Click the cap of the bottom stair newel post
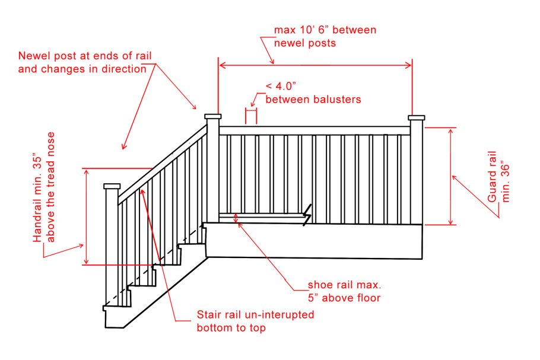coord(112,186)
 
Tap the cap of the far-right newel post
coord(417,117)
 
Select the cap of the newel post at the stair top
coord(213,116)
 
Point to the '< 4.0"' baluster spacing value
coord(281,86)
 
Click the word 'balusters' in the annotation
coord(338,100)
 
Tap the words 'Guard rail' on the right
coord(492,177)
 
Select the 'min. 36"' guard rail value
coord(505,181)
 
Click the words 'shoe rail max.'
coord(344,285)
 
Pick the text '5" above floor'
coord(344,298)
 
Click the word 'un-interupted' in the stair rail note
coord(279,315)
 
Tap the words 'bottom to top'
coord(231,328)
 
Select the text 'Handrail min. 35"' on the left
coord(37,199)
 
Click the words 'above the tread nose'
coord(50,187)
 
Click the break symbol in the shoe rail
coord(307,215)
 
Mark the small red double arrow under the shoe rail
coord(236,218)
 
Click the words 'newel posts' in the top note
coord(305,43)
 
